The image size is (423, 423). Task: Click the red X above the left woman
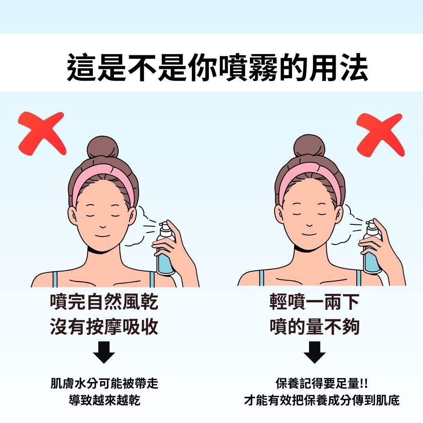pyautogui.click(x=42, y=133)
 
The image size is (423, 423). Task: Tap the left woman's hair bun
pyautogui.click(x=103, y=147)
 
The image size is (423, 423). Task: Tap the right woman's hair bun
pyautogui.click(x=309, y=146)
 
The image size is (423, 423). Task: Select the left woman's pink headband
pyautogui.click(x=104, y=175)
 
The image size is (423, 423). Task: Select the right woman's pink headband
pyautogui.click(x=310, y=174)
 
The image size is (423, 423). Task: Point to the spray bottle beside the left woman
pyautogui.click(x=165, y=248)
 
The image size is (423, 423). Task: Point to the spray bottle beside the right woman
pyautogui.click(x=372, y=247)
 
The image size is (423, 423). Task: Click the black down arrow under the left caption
pyautogui.click(x=104, y=352)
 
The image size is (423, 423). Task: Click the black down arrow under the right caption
pyautogui.click(x=314, y=352)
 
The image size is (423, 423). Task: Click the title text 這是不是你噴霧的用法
pyautogui.click(x=217, y=67)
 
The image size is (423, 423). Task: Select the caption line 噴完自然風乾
pyautogui.click(x=104, y=302)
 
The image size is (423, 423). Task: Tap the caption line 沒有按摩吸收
pyautogui.click(x=104, y=326)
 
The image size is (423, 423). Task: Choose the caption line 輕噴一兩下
pyautogui.click(x=314, y=302)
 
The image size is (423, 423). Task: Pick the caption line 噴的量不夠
pyautogui.click(x=314, y=326)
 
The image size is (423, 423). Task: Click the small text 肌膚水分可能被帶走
pyautogui.click(x=104, y=383)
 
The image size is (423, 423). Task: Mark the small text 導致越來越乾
pyautogui.click(x=104, y=400)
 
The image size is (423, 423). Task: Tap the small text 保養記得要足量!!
pyautogui.click(x=322, y=383)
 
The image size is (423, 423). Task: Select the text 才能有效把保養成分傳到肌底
pyautogui.click(x=322, y=400)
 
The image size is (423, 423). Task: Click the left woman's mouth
pyautogui.click(x=103, y=236)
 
